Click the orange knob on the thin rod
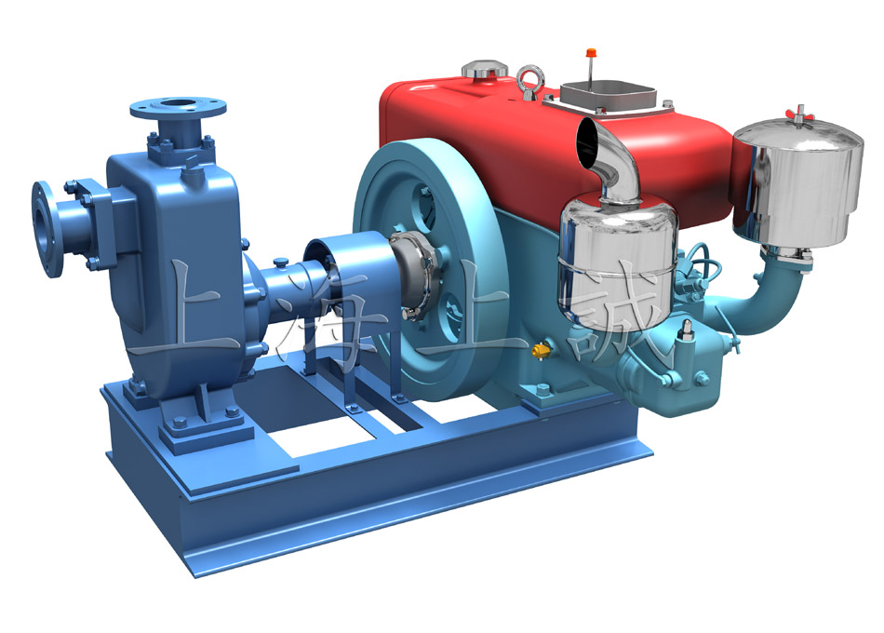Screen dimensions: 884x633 (591, 52)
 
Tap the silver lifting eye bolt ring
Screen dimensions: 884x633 (530, 79)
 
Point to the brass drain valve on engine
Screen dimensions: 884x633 (542, 351)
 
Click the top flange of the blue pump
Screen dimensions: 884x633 (178, 107)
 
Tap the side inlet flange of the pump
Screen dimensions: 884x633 (45, 228)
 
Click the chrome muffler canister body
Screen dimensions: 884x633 (616, 258)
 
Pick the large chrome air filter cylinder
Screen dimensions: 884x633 (798, 181)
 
